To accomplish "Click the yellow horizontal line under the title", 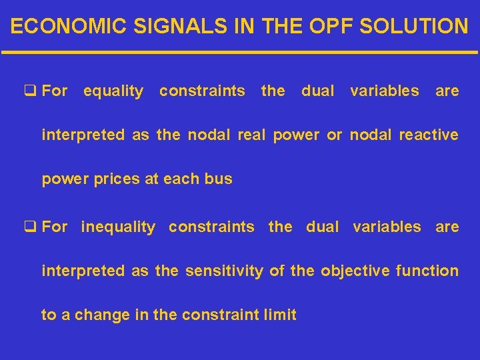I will [240, 52].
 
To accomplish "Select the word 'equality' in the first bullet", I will [113, 91].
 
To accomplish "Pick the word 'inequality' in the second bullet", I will [117, 227].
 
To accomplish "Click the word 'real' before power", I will [252, 135].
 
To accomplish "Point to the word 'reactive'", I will [428, 135].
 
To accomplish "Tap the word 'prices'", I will [119, 179].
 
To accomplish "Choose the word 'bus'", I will [219, 179].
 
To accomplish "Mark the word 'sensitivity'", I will [224, 271].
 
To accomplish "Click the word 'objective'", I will [352, 271].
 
